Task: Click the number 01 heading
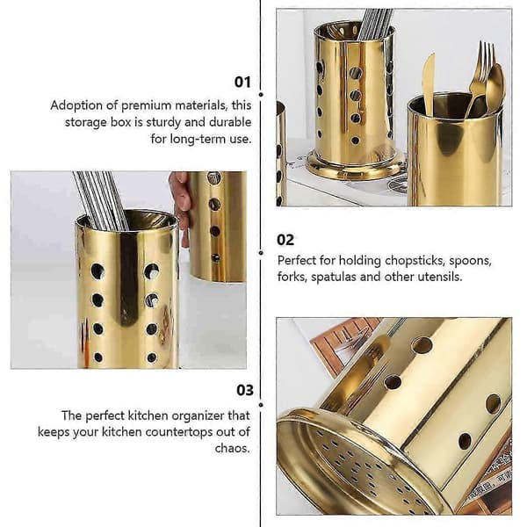pyautogui.click(x=242, y=82)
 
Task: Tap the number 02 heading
pyautogui.click(x=285, y=240)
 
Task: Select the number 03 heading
pyautogui.click(x=245, y=390)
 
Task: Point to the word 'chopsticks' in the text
pyautogui.click(x=415, y=261)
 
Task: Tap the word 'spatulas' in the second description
pyautogui.click(x=333, y=278)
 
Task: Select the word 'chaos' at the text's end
pyautogui.click(x=232, y=448)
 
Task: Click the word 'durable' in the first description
pyautogui.click(x=230, y=122)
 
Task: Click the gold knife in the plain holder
pyautogui.click(x=429, y=83)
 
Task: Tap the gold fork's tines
pyautogui.click(x=485, y=60)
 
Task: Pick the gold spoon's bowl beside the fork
pyautogui.click(x=496, y=85)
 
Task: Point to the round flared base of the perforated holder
pyautogui.click(x=355, y=167)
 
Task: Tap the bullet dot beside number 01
pyautogui.click(x=261, y=95)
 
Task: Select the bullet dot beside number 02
pyautogui.click(x=261, y=253)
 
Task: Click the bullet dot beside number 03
pyautogui.click(x=261, y=405)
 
